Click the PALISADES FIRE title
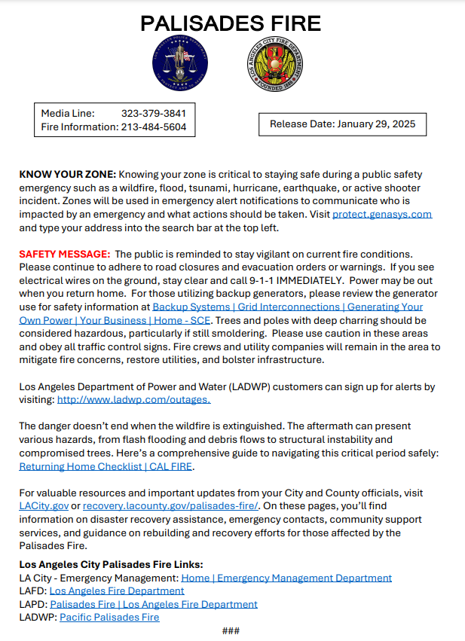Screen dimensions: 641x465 (x=231, y=23)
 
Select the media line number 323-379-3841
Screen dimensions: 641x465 (x=154, y=114)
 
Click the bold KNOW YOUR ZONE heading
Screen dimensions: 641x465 (x=67, y=174)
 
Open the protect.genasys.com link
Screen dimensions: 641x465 (x=382, y=214)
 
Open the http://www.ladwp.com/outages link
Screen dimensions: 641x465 (x=134, y=400)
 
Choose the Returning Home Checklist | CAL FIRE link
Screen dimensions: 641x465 (x=106, y=467)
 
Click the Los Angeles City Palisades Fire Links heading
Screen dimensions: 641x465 (x=111, y=565)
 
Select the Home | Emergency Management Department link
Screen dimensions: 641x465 (x=286, y=578)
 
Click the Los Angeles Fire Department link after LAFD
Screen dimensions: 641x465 (x=117, y=591)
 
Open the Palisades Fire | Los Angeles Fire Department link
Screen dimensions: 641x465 (x=154, y=604)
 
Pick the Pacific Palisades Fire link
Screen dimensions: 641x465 (x=109, y=618)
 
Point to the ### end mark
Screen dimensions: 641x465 (x=231, y=631)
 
